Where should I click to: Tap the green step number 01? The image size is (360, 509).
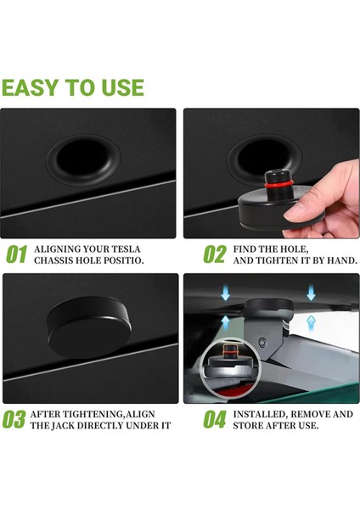pos(16,255)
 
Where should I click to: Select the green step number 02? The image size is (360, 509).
pos(215,255)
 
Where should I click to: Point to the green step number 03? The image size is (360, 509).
pos(14,419)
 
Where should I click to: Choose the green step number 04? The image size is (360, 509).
pos(215,419)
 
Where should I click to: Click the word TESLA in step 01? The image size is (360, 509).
pos(126,249)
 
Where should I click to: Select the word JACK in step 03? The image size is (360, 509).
pos(63,426)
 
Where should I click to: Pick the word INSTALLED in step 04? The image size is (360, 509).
pos(259,414)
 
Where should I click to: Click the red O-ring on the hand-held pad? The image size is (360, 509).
pos(277,185)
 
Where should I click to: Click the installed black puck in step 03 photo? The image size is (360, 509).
pos(89,327)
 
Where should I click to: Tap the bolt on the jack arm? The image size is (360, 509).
pos(262,342)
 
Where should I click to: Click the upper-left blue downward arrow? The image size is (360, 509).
pos(225,294)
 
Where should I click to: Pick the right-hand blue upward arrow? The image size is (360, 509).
pos(311,323)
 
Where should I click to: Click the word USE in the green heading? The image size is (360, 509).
pos(122,87)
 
